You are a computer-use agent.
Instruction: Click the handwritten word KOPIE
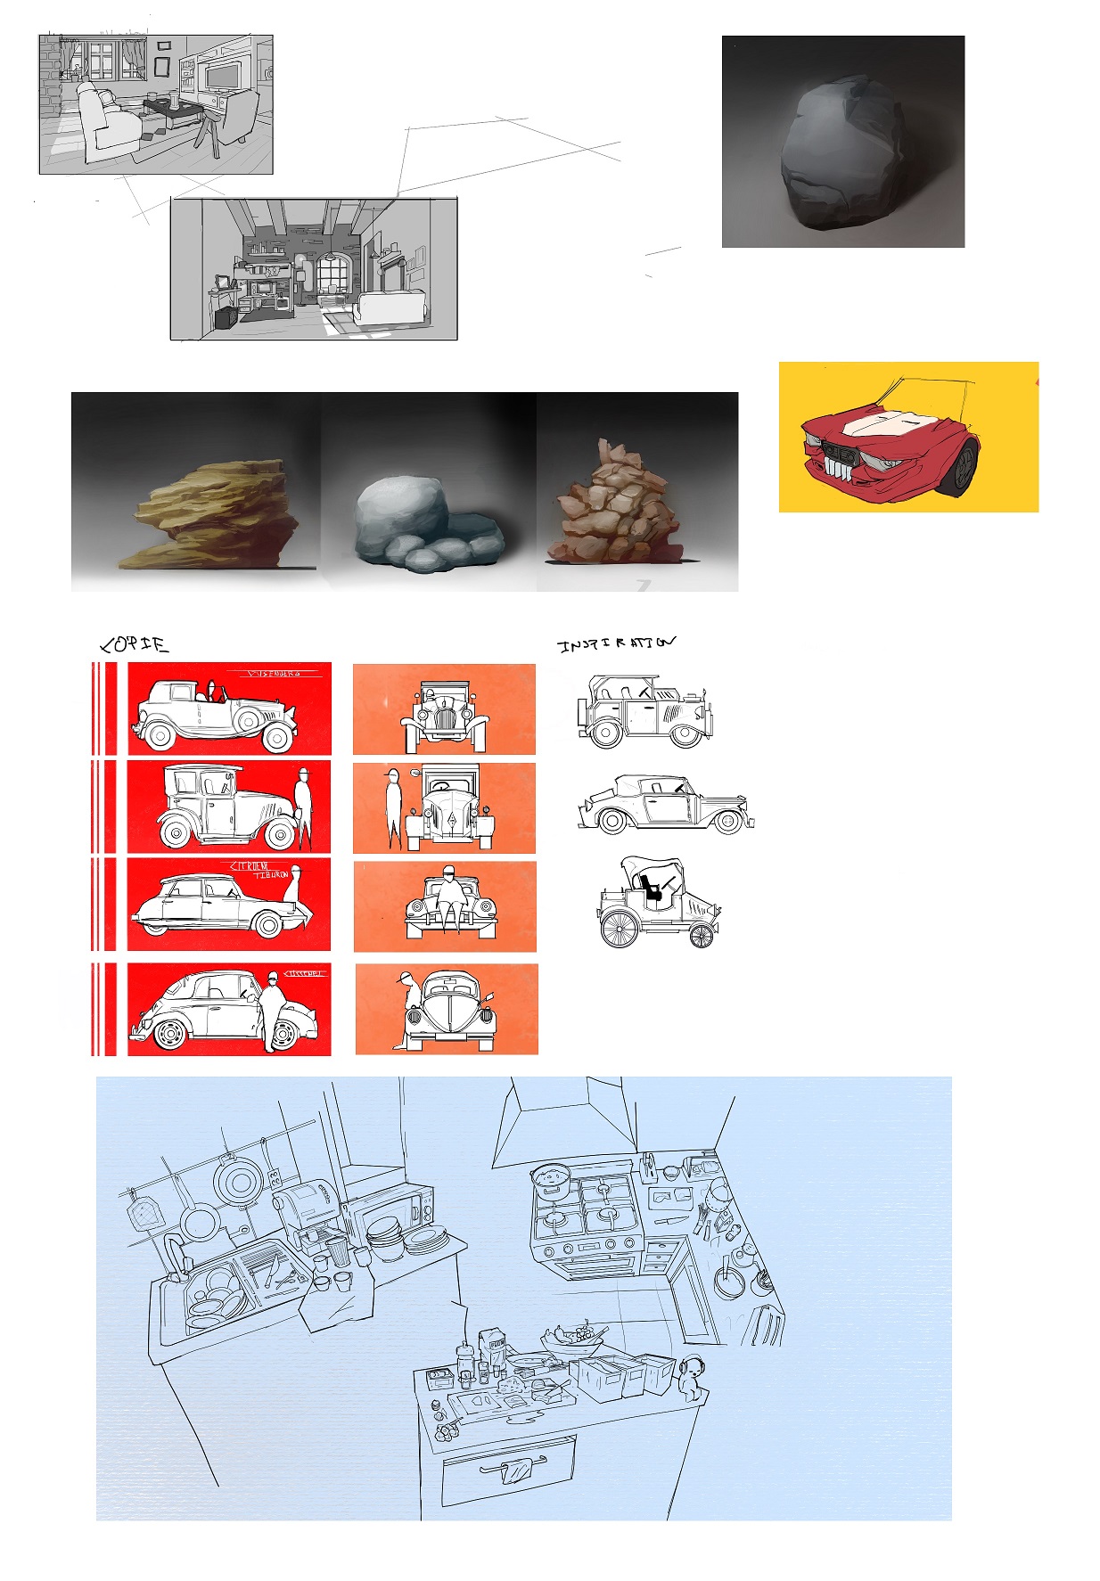pyautogui.click(x=134, y=644)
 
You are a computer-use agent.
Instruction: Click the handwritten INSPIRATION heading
pyautogui.click(x=616, y=643)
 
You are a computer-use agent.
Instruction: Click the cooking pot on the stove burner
pyautogui.click(x=550, y=1179)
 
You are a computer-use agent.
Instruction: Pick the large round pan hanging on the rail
pyautogui.click(x=238, y=1184)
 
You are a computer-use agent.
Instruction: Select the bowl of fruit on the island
pyautogui.click(x=571, y=1339)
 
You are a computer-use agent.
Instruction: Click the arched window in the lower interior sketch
pyautogui.click(x=332, y=275)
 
